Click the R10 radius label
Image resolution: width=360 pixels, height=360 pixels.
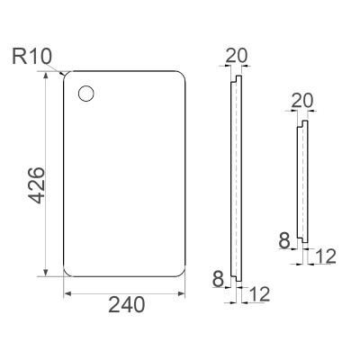click(x=31, y=56)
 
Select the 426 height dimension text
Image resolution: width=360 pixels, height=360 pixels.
click(x=36, y=185)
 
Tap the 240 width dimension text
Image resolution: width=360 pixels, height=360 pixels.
click(x=126, y=305)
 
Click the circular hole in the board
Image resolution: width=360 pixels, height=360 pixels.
click(x=86, y=94)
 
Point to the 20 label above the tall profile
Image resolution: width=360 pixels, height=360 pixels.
click(x=237, y=55)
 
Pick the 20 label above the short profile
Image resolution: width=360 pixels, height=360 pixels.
click(x=302, y=101)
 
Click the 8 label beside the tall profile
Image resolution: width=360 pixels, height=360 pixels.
click(x=218, y=278)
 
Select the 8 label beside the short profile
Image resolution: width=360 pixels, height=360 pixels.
click(x=284, y=240)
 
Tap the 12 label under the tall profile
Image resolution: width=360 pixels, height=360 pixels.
click(x=259, y=294)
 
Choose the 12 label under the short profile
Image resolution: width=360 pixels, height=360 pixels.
click(x=325, y=256)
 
